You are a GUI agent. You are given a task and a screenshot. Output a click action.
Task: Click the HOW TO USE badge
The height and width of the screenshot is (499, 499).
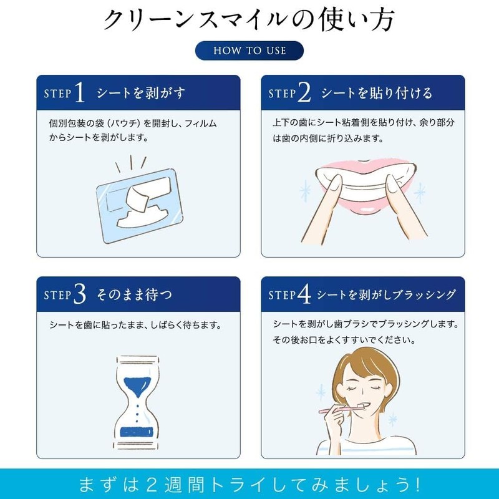click(249, 51)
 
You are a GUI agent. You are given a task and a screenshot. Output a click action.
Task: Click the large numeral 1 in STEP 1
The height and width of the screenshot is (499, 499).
click(79, 93)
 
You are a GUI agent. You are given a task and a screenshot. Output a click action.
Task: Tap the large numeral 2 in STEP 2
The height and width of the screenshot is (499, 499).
click(304, 93)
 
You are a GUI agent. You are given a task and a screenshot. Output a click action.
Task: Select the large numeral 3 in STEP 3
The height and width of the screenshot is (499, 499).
click(79, 294)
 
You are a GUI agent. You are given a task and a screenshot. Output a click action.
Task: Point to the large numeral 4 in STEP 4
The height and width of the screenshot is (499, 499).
click(304, 294)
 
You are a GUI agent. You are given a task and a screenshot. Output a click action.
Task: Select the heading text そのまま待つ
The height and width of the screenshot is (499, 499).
click(134, 294)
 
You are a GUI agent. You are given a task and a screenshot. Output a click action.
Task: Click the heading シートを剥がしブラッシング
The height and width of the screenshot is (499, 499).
click(387, 294)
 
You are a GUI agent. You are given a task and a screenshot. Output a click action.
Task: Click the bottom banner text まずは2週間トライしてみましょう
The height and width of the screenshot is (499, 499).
click(249, 483)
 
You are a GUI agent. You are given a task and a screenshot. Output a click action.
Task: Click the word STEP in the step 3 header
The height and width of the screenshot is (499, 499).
click(57, 296)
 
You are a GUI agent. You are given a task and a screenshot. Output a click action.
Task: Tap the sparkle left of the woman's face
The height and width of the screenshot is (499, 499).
click(321, 393)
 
